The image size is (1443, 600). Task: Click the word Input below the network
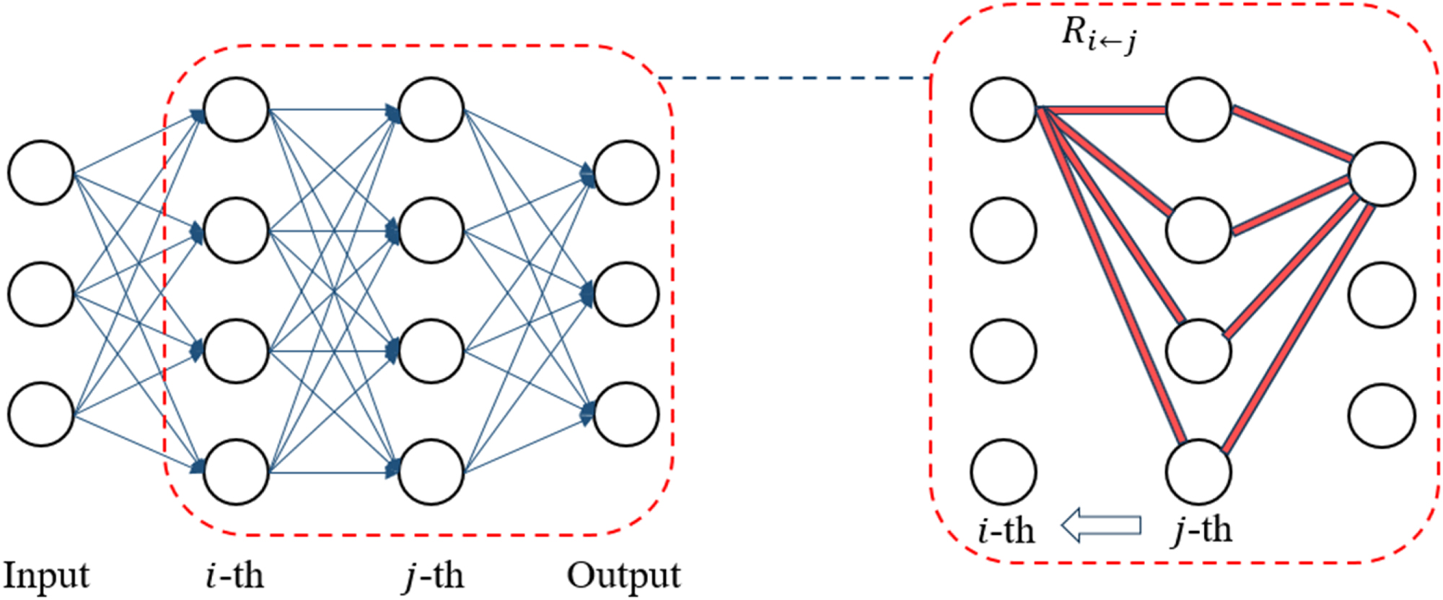[x=46, y=575]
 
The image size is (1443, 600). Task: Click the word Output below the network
[x=623, y=575]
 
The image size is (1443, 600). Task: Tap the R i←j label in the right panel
[x=1098, y=35]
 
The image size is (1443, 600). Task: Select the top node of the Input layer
[x=41, y=173]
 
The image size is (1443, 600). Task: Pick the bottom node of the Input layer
[x=41, y=415]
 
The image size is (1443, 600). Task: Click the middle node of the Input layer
[x=41, y=294]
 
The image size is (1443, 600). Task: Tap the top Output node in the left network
[x=626, y=173]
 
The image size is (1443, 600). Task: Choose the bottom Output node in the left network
[x=626, y=415]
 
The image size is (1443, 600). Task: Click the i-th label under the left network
[x=235, y=575]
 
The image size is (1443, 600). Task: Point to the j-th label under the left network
[x=433, y=575]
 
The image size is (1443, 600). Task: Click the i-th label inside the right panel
[x=1006, y=531]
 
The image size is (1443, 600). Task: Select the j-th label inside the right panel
[x=1202, y=531]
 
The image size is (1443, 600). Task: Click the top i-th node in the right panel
[x=1004, y=110]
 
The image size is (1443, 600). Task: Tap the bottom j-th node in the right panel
[x=1198, y=472]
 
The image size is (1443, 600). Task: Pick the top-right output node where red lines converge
[x=1382, y=174]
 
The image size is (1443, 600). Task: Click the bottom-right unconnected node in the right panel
[x=1382, y=416]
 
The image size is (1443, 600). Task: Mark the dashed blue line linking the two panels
[x=794, y=77]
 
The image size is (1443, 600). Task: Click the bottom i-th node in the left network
[x=237, y=472]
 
